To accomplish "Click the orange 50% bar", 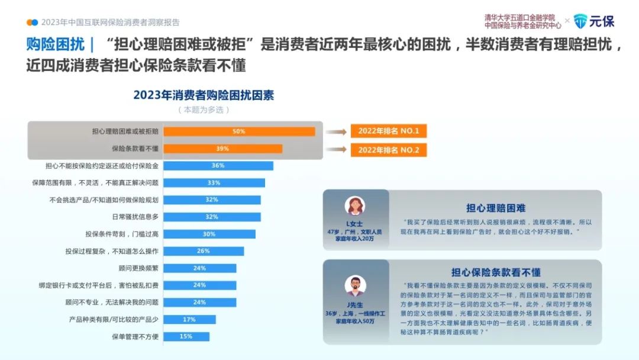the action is [239, 131].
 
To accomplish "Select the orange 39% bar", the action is [223, 149].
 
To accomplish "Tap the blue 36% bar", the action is [218, 166].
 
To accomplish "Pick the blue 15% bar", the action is [186, 336].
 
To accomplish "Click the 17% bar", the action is [189, 319].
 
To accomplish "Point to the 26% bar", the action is [204, 251].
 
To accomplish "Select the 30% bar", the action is [209, 234].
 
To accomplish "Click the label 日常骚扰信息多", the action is [135, 217].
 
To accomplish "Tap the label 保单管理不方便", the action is [135, 336].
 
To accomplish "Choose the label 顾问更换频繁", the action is [138, 268].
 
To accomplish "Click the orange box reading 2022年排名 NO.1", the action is [389, 131].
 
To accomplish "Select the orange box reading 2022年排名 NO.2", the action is [389, 150].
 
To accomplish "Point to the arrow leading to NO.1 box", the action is [336, 131].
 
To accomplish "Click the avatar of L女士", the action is [355, 206].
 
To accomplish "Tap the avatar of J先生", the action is [355, 286].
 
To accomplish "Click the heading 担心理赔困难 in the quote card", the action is [496, 208].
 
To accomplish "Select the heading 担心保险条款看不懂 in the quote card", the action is [496, 272].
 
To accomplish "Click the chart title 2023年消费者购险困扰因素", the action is [204, 95].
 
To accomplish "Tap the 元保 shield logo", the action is [580, 21].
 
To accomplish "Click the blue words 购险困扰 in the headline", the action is [56, 44].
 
